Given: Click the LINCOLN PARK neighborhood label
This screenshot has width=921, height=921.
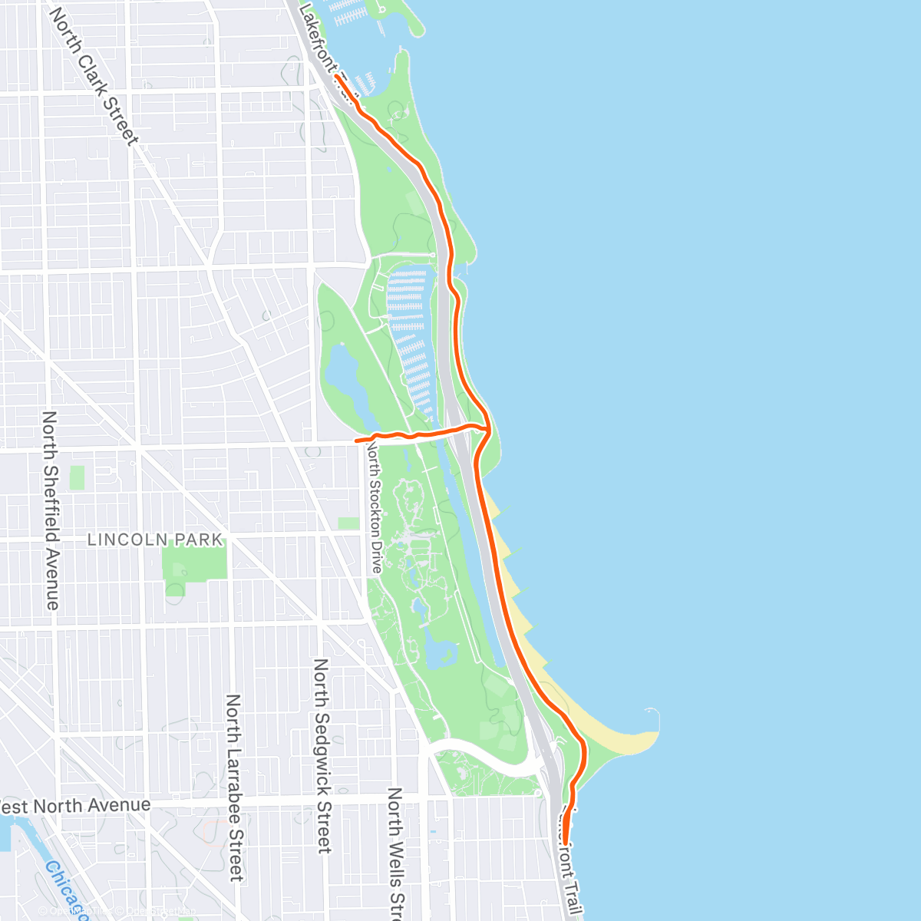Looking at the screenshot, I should coord(155,540).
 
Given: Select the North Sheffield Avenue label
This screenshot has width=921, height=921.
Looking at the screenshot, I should coord(51,510).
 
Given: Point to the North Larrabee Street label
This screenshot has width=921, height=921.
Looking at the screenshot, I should coord(234,787).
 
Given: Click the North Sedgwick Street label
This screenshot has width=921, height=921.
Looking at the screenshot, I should coord(322,755).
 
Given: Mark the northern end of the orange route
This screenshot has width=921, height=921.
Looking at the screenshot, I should coord(337,77).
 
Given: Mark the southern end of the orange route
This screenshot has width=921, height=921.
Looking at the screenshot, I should coord(566,843).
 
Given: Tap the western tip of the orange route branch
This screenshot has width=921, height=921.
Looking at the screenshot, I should coord(356,441).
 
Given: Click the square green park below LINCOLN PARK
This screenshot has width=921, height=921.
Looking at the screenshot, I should coord(195,564).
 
